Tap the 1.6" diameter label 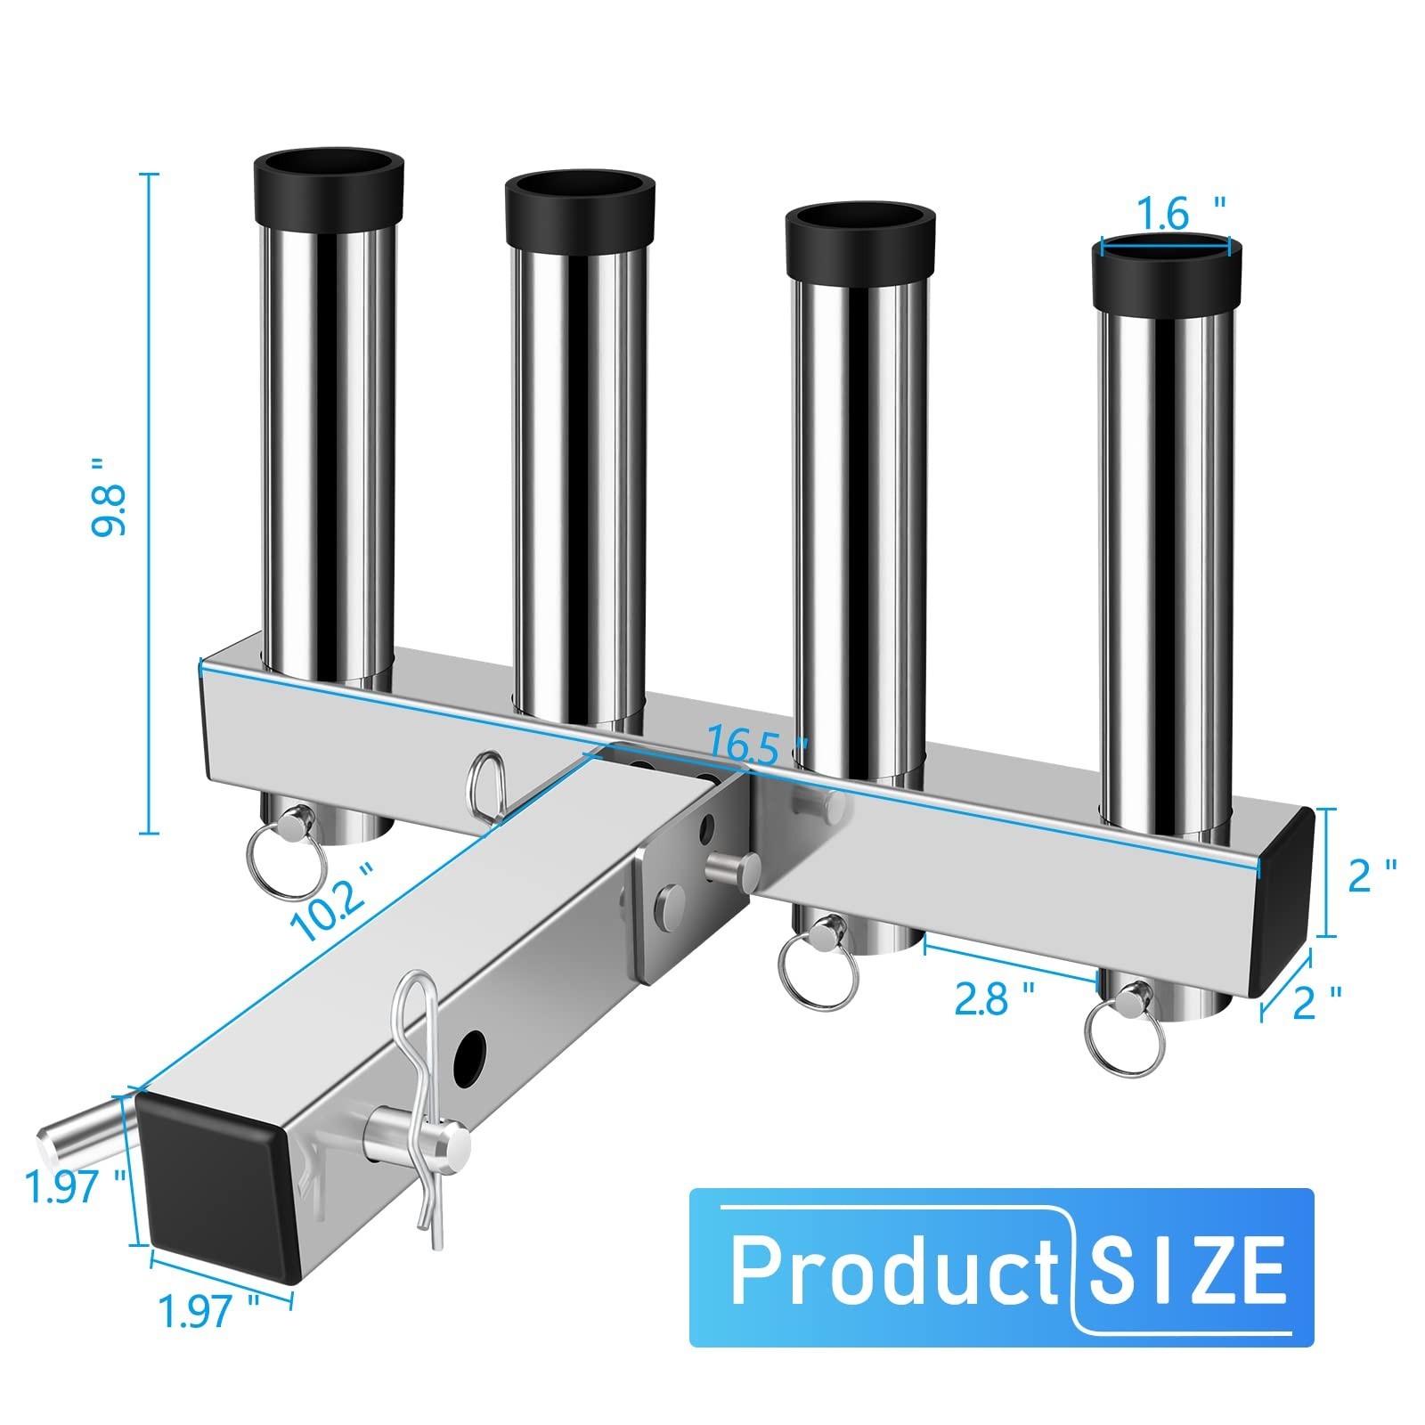(x=1175, y=215)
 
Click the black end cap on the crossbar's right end (x=1282, y=900)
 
